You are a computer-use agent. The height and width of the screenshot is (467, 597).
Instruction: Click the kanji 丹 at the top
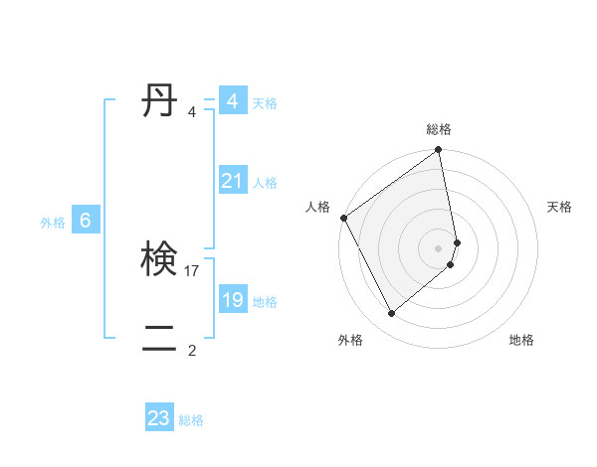point(159,101)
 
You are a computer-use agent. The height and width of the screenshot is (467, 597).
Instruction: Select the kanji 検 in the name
point(159,260)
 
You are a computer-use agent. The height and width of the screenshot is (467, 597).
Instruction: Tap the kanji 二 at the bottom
point(159,340)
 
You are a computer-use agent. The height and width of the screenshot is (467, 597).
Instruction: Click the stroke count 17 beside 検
point(193,270)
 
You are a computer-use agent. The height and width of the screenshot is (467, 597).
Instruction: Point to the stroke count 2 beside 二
point(192,350)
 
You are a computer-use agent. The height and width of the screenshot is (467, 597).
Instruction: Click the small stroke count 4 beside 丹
point(192,111)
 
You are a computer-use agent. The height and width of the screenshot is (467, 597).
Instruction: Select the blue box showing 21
point(232,181)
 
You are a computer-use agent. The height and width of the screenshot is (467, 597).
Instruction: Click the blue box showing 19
point(232,300)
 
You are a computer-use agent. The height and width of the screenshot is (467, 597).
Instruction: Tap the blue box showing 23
point(158,418)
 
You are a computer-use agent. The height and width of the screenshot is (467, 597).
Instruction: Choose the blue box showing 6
point(86,221)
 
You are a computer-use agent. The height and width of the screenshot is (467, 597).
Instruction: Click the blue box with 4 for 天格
point(232,101)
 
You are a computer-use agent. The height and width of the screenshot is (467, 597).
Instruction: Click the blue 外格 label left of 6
point(53,223)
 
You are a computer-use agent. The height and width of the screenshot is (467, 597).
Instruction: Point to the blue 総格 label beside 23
point(191,420)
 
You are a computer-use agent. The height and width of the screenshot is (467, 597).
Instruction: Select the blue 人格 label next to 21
point(265,183)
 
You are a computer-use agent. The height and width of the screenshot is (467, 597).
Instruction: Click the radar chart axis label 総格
point(439,129)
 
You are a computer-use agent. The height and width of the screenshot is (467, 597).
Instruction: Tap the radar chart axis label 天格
point(560,207)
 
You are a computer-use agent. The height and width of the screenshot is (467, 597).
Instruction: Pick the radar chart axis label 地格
point(521,340)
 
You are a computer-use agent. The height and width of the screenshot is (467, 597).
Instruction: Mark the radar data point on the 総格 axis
point(439,151)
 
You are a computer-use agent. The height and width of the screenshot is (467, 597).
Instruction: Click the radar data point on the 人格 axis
point(343,218)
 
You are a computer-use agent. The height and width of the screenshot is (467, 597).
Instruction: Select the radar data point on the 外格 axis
point(391,314)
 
